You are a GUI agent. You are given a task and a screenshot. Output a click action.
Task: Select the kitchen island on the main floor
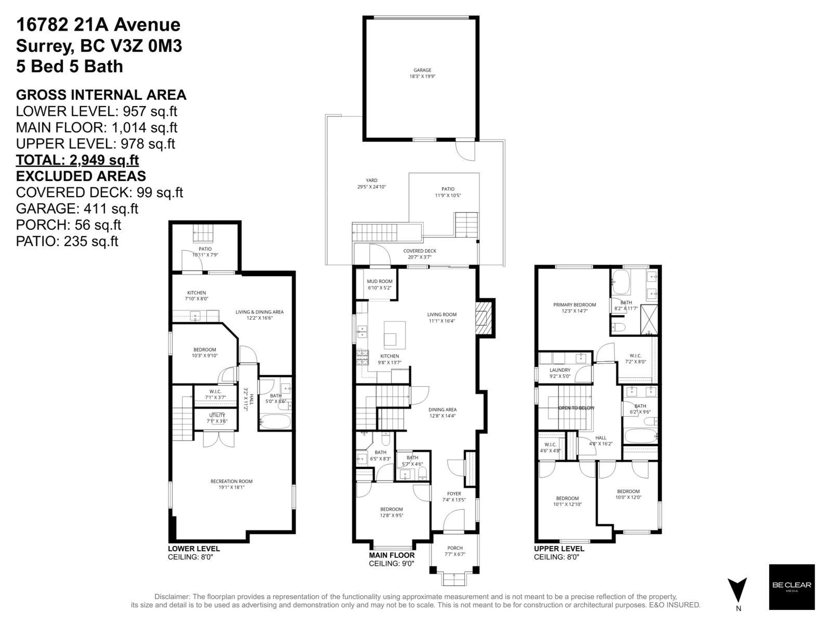coord(395,334)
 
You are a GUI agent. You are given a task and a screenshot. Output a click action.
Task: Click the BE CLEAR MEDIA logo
coord(791,587)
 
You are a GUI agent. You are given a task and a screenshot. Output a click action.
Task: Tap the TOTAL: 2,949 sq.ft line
coord(77,160)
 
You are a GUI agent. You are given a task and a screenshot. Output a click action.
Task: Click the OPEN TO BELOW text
coord(576,408)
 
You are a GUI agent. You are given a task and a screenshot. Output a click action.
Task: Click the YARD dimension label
coord(371,187)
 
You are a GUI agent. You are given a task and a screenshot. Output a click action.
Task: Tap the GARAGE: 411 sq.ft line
coord(77,209)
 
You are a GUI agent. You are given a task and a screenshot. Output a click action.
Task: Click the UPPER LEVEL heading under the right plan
coord(559,549)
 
